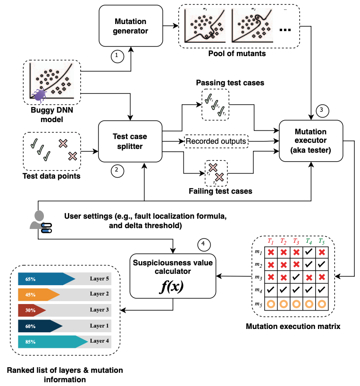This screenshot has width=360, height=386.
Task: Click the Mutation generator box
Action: pyautogui.click(x=130, y=26)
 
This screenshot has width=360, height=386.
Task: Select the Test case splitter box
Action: pyautogui.click(x=129, y=141)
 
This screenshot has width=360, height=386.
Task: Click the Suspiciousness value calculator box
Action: pyautogui.click(x=172, y=276)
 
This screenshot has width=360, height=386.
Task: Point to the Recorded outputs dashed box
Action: pyautogui.click(x=216, y=141)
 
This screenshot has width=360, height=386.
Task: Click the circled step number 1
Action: pyautogui.click(x=117, y=56)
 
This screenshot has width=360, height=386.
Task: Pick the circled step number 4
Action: pyautogui.click(x=203, y=244)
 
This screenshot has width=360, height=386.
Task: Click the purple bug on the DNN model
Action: pyautogui.click(x=40, y=96)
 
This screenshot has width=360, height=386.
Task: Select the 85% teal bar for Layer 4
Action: pyautogui.click(x=52, y=342)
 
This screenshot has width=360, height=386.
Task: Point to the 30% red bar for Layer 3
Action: pyautogui.click(x=32, y=310)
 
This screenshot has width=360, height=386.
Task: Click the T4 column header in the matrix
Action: pyautogui.click(x=309, y=241)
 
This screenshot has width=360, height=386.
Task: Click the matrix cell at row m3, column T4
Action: pyautogui.click(x=309, y=278)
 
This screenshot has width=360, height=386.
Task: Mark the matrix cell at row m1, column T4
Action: pyautogui.click(x=309, y=252)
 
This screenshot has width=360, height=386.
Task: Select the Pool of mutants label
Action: pyautogui.click(x=237, y=53)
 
